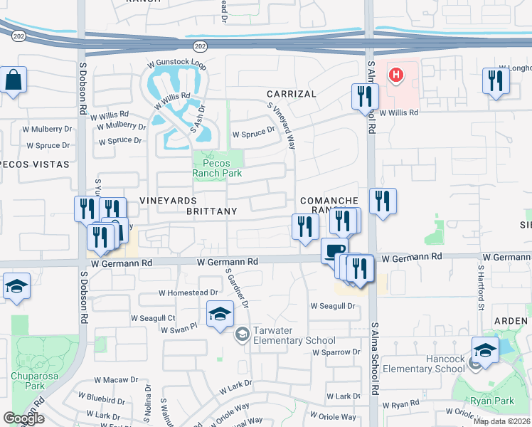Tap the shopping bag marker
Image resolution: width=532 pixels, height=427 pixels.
(x=14, y=80)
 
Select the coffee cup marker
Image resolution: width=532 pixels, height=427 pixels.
(x=334, y=251)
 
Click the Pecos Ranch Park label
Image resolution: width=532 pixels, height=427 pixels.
(x=218, y=168)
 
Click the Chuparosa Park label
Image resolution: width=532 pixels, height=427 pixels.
(x=28, y=380)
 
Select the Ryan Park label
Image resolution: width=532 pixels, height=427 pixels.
(x=491, y=401)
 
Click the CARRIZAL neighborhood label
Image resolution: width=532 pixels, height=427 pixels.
(x=291, y=94)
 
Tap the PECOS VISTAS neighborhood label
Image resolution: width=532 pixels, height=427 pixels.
(x=35, y=164)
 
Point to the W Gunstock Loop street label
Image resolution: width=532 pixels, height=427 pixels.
(x=177, y=65)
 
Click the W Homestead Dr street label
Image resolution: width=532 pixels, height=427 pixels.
(x=188, y=292)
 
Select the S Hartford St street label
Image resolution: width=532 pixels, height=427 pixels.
(x=482, y=287)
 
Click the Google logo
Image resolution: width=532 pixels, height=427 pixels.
(x=23, y=418)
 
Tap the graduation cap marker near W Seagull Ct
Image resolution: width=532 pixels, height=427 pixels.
(x=220, y=313)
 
